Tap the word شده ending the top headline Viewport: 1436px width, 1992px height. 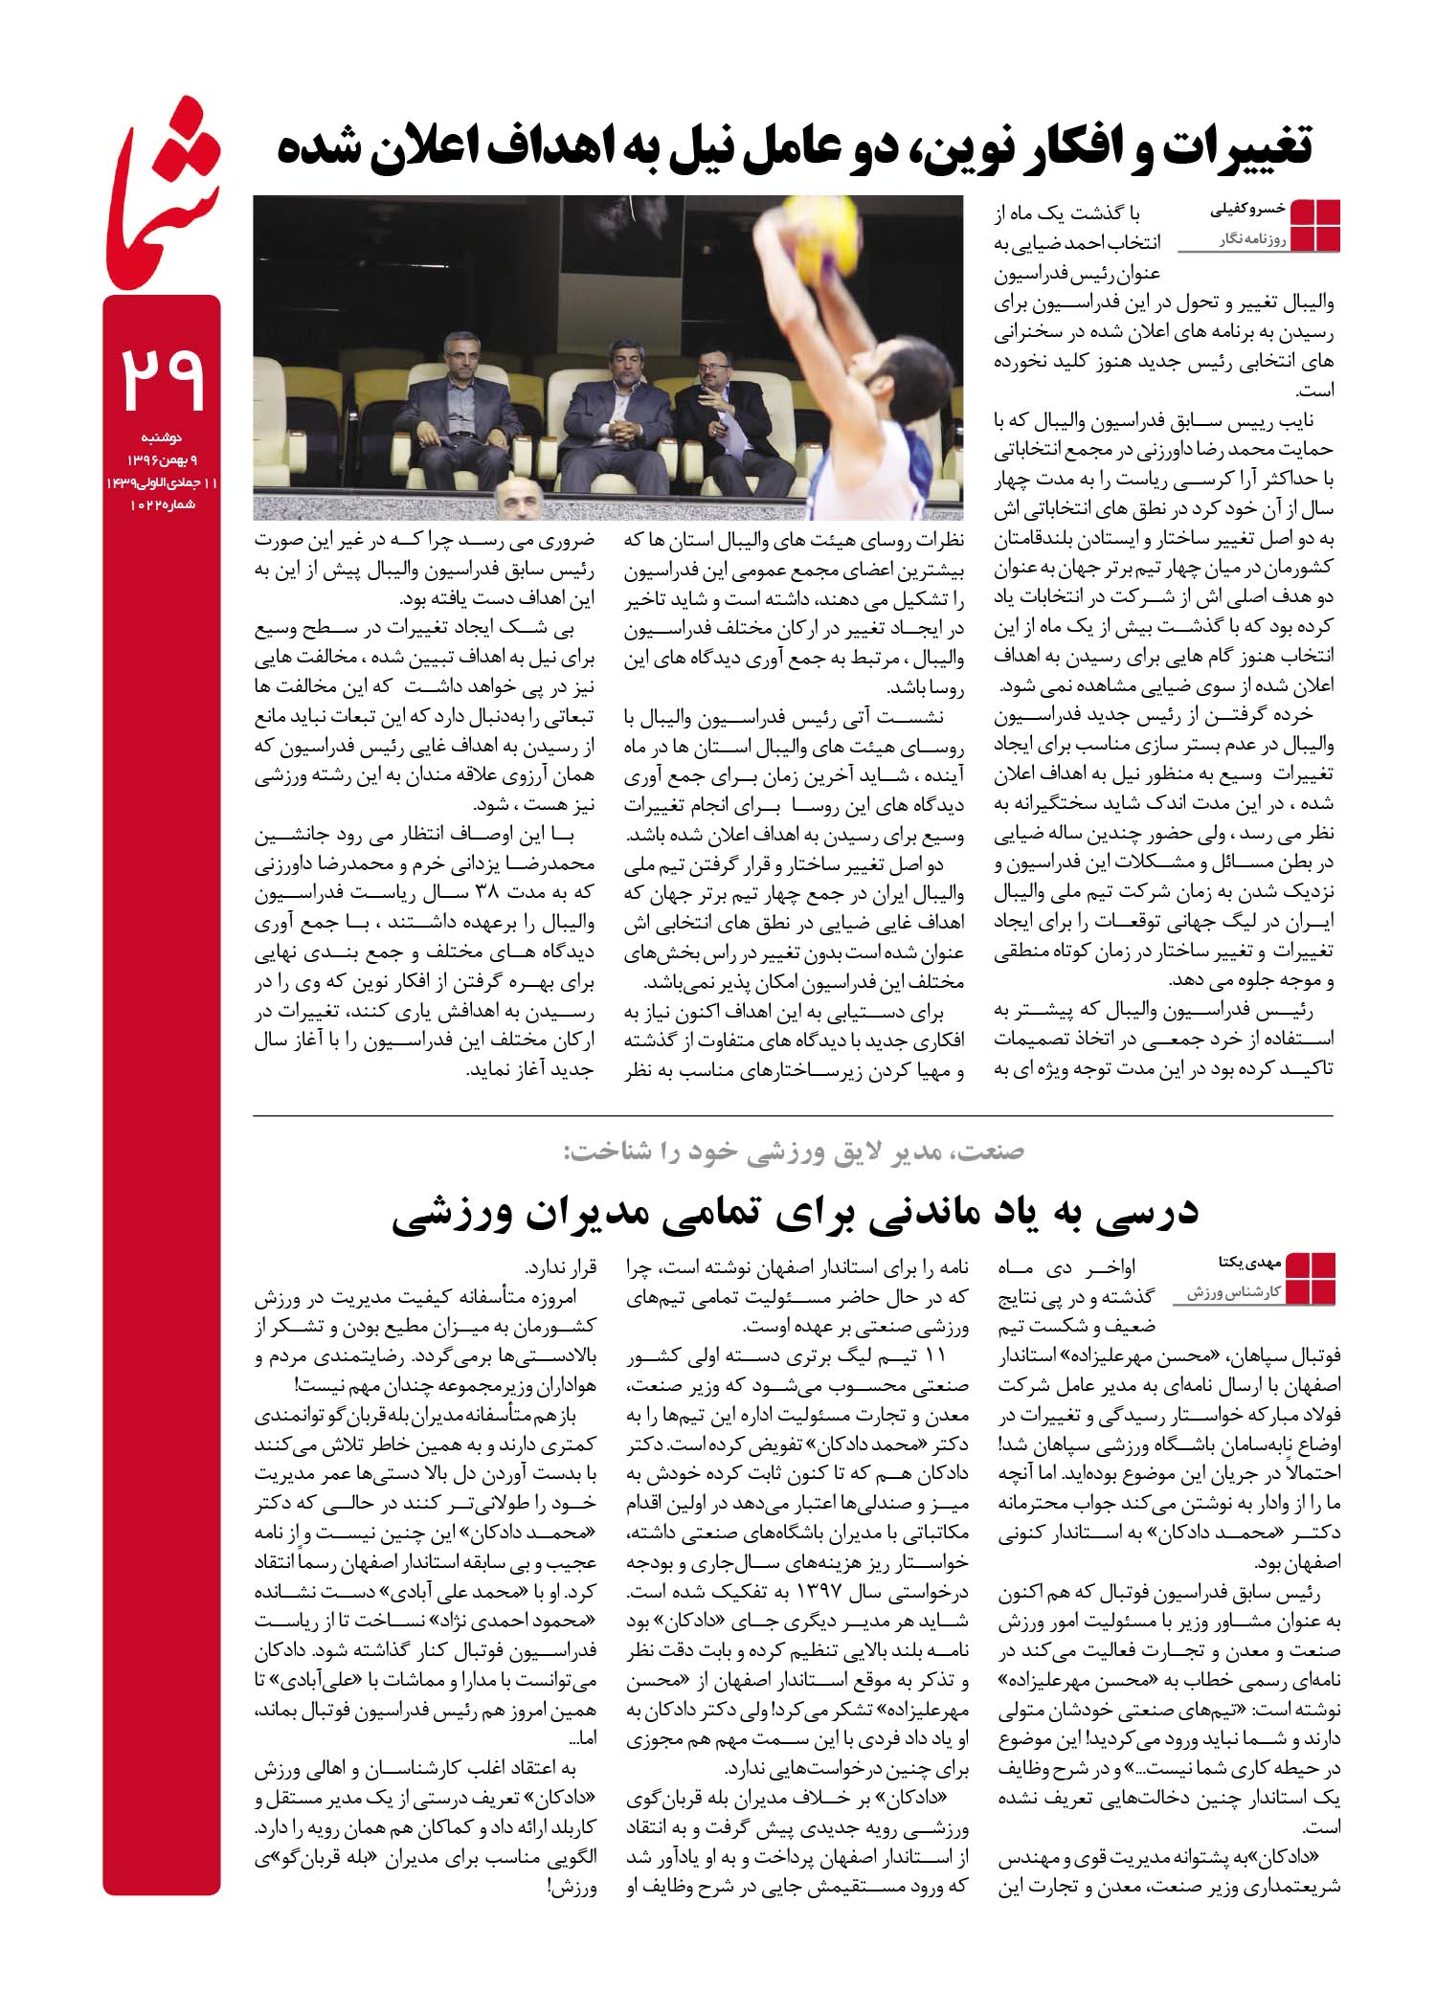pos(316,149)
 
